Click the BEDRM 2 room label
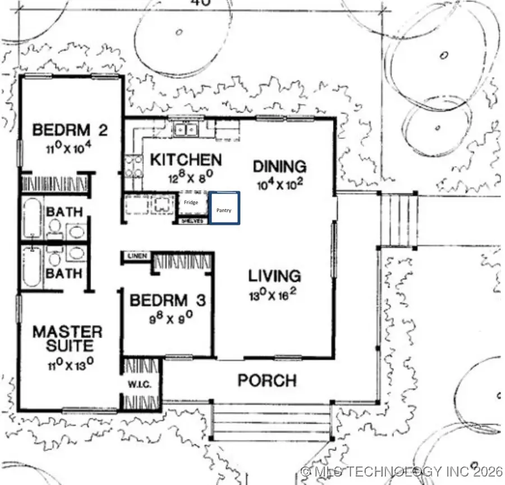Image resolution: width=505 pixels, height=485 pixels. (x=70, y=131)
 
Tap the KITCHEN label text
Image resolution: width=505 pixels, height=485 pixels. (x=186, y=160)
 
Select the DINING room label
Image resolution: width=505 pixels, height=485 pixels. (x=279, y=167)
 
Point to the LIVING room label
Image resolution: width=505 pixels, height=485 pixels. (x=275, y=276)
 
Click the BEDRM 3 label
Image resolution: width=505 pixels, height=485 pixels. (x=168, y=301)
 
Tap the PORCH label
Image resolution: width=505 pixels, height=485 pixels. (x=267, y=381)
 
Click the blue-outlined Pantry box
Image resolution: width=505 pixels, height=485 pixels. (x=225, y=209)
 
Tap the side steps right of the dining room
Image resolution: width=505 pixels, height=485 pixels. (x=399, y=220)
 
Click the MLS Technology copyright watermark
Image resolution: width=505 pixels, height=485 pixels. (x=401, y=472)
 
